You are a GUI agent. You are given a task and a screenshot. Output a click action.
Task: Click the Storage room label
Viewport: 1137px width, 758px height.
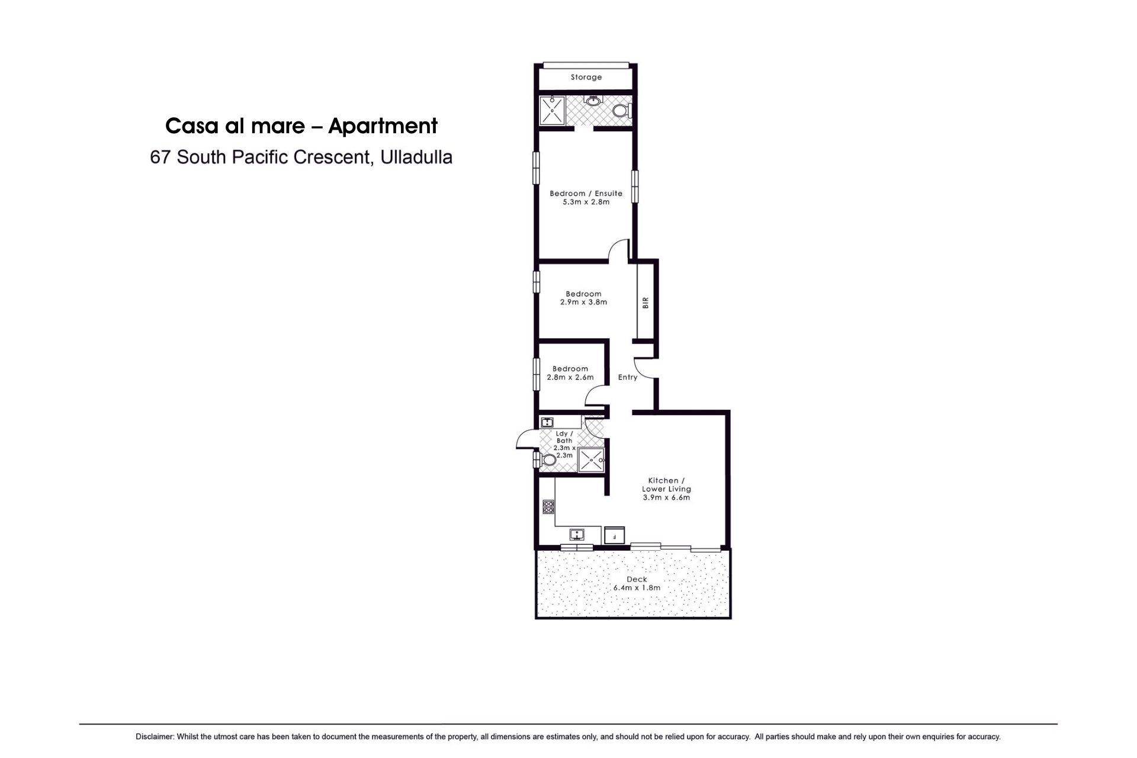586,77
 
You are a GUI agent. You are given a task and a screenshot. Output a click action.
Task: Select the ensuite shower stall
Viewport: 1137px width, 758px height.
553,110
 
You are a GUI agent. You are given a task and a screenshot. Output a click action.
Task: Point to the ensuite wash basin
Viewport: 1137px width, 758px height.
593,101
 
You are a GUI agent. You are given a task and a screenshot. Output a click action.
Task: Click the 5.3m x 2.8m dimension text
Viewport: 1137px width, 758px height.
586,202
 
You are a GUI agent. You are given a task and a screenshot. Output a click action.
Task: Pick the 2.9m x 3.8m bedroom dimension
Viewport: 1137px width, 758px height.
584,302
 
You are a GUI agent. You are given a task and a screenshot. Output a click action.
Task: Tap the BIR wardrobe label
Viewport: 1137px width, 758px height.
645,303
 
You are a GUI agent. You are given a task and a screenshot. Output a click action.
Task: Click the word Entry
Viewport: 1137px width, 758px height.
628,377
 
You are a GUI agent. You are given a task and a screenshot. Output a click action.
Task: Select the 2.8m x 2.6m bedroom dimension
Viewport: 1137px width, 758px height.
570,377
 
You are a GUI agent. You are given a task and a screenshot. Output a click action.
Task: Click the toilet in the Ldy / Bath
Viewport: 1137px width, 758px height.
548,460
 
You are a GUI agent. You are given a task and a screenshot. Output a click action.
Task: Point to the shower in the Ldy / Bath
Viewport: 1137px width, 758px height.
591,460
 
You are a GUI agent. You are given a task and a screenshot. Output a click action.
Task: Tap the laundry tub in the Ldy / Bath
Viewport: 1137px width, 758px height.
547,422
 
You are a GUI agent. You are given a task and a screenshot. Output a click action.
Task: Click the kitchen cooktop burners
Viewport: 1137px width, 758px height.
548,507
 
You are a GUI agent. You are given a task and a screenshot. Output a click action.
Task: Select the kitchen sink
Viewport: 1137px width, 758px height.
577,535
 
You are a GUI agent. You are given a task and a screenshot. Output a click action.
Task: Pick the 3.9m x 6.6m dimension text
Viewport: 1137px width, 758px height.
667,497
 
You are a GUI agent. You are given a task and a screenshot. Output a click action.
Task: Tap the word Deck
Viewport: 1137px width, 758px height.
637,579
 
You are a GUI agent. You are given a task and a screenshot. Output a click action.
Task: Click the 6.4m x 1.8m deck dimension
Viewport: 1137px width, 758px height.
637,588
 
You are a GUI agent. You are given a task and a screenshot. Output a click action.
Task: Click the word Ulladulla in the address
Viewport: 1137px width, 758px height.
417,157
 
